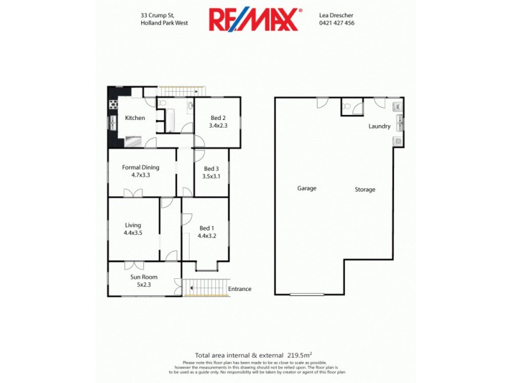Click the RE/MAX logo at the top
click(x=254, y=19)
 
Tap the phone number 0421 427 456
click(x=337, y=23)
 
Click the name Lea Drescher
click(x=337, y=15)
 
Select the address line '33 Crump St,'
click(x=158, y=15)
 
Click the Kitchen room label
click(x=135, y=118)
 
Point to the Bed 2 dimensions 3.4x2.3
click(x=218, y=126)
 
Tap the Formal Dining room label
click(x=141, y=167)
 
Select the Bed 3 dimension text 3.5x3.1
click(x=211, y=176)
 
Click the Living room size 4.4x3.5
click(x=133, y=233)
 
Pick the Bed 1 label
click(x=206, y=228)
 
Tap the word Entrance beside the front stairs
click(x=240, y=289)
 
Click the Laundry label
click(x=379, y=126)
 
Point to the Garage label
click(x=307, y=188)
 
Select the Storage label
click(x=365, y=190)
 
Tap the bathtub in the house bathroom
click(x=171, y=118)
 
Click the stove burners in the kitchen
click(x=113, y=105)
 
